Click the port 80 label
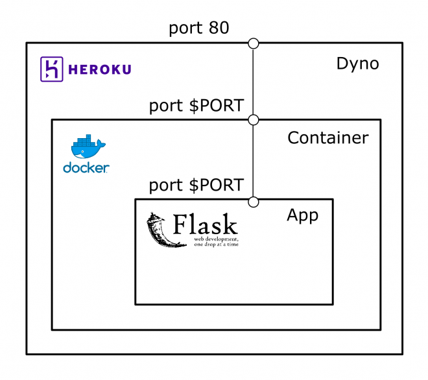198,28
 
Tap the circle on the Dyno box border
254,43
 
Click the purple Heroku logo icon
51,69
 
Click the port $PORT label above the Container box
196,105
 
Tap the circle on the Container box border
254,119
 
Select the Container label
327,137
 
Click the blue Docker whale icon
86,148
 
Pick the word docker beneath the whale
86,168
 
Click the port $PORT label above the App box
196,185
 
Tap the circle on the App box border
254,201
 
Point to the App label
302,215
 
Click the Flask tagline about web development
212,242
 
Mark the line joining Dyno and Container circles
254,81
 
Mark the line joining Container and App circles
254,160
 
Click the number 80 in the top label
218,28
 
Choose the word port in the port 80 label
184,29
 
